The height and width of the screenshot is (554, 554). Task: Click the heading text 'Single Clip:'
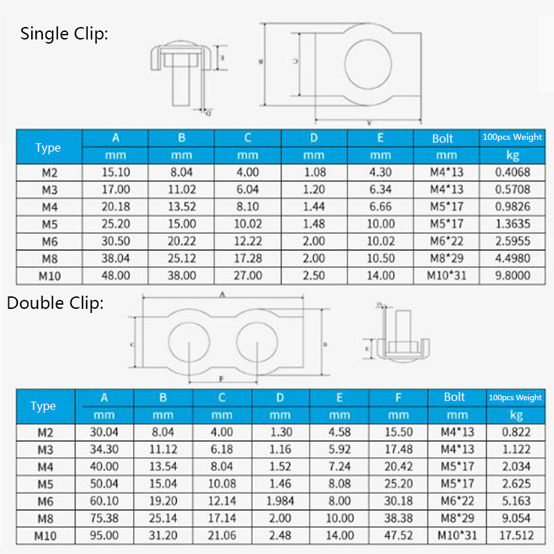tap(64, 34)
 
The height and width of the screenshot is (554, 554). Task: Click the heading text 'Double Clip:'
tap(55, 303)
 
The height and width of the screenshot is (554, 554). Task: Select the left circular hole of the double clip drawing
tap(189, 343)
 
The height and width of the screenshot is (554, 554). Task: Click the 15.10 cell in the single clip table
tap(116, 172)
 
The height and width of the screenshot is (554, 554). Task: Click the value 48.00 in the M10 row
tap(116, 275)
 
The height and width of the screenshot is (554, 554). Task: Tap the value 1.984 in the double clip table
tap(280, 501)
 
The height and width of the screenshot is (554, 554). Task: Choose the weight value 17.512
tap(515, 535)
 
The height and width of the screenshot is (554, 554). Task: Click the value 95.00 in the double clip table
tap(105, 535)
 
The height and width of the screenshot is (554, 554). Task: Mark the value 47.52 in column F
tap(398, 535)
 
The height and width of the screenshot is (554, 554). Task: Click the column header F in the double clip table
tap(398, 397)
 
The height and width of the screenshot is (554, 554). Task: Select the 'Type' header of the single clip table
tap(48, 148)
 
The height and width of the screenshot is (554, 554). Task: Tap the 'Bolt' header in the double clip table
tap(454, 397)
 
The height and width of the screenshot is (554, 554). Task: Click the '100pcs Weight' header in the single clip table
tap(512, 137)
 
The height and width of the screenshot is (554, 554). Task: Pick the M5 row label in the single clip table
tap(48, 224)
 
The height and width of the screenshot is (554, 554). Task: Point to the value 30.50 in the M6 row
tap(116, 241)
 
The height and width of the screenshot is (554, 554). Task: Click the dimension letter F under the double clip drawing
tap(221, 378)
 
